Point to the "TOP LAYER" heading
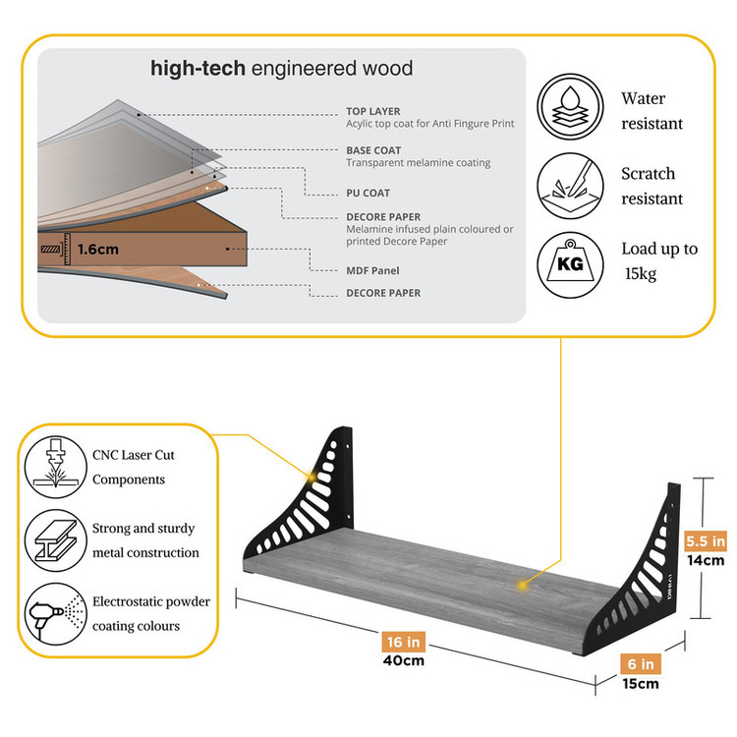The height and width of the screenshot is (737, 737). click(x=372, y=112)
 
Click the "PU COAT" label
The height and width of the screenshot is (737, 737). click(x=368, y=194)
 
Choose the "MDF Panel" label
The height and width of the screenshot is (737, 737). click(x=372, y=270)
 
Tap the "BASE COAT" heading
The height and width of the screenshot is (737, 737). click(x=373, y=150)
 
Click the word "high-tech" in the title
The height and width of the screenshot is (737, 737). click(x=198, y=69)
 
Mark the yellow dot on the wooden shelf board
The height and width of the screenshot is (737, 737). click(x=523, y=586)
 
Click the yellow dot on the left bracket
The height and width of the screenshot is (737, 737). click(x=314, y=476)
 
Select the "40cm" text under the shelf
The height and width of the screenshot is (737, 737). click(x=404, y=660)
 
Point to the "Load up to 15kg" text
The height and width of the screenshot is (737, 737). click(x=658, y=260)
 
